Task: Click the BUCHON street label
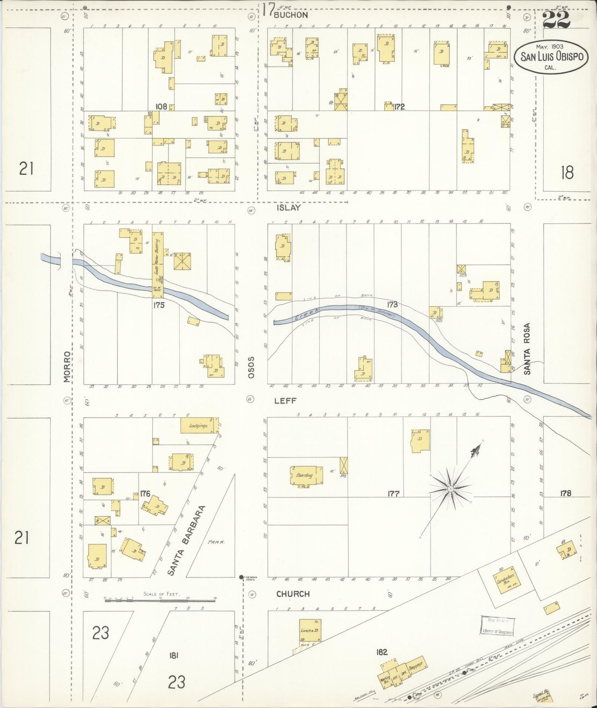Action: point(290,15)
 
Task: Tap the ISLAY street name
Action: point(288,208)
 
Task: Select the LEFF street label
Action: point(285,401)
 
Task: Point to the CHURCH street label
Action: point(293,594)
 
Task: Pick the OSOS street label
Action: point(250,367)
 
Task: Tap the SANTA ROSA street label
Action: point(527,349)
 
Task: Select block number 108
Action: point(161,107)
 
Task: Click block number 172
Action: point(399,107)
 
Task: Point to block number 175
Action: point(159,305)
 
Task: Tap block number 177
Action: point(393,493)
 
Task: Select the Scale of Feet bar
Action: point(161,599)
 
